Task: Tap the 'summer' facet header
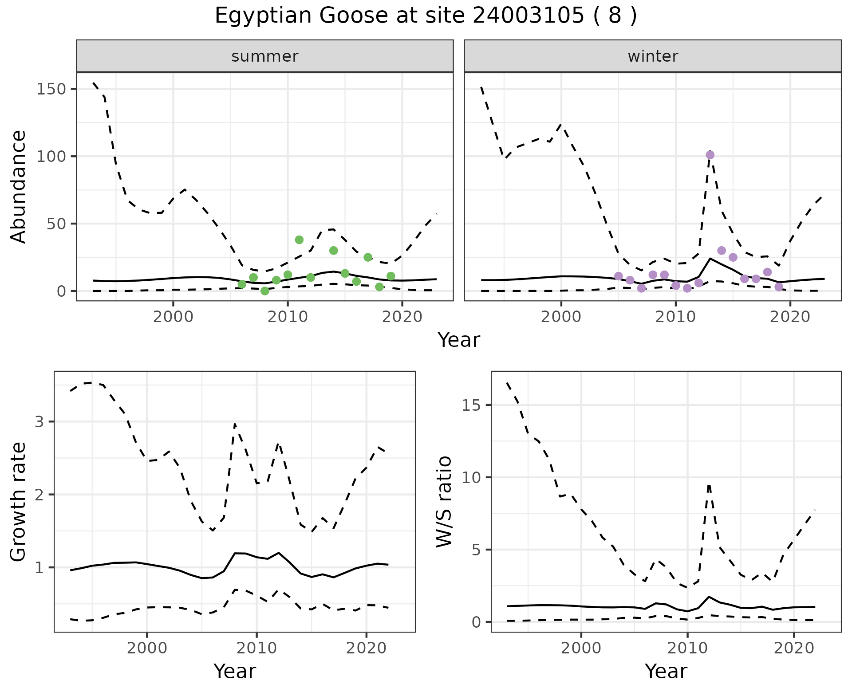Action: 265,56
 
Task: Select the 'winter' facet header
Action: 653,56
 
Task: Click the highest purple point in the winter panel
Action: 710,155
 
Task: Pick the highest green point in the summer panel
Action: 299,240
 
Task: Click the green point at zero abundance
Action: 265,291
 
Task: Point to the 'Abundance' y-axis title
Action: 18,186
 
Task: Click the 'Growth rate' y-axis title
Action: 18,501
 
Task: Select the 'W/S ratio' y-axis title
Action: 444,501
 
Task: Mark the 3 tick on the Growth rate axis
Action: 39,421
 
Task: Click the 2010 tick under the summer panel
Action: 288,317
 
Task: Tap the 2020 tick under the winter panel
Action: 790,317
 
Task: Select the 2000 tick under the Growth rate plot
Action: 147,648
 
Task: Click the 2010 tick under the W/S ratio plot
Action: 687,648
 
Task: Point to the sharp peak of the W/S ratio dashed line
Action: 709,485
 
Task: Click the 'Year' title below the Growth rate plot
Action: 235,671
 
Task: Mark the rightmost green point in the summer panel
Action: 390,276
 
